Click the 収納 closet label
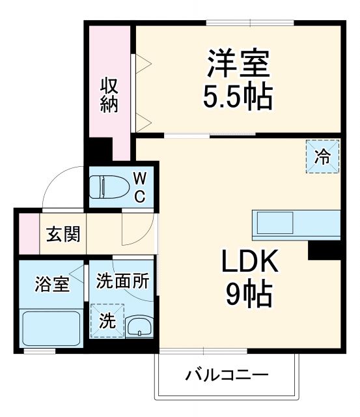(x=109, y=95)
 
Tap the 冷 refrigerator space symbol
(x=322, y=156)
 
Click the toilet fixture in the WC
(x=106, y=188)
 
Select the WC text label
(x=140, y=187)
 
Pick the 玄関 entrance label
(x=63, y=234)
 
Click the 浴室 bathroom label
(x=51, y=284)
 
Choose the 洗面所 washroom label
(x=122, y=281)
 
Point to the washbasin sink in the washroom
(x=138, y=326)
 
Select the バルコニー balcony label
(x=227, y=376)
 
